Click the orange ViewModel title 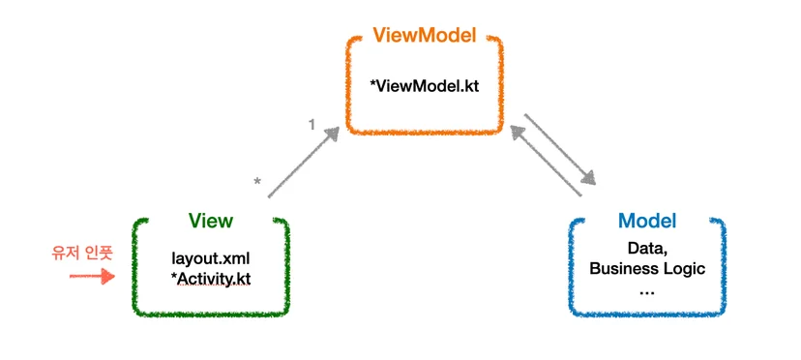(424, 35)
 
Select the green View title (211, 221)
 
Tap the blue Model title (647, 221)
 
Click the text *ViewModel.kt (424, 85)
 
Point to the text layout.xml (211, 258)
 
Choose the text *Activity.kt (211, 280)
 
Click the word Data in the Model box (647, 250)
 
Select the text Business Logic (647, 268)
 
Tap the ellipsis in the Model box (647, 292)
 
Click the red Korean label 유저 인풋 (81, 253)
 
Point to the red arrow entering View (93, 276)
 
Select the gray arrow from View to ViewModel (304, 163)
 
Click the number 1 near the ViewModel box (311, 124)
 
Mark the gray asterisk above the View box (258, 182)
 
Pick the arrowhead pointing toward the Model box (588, 177)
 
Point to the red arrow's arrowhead (108, 276)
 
